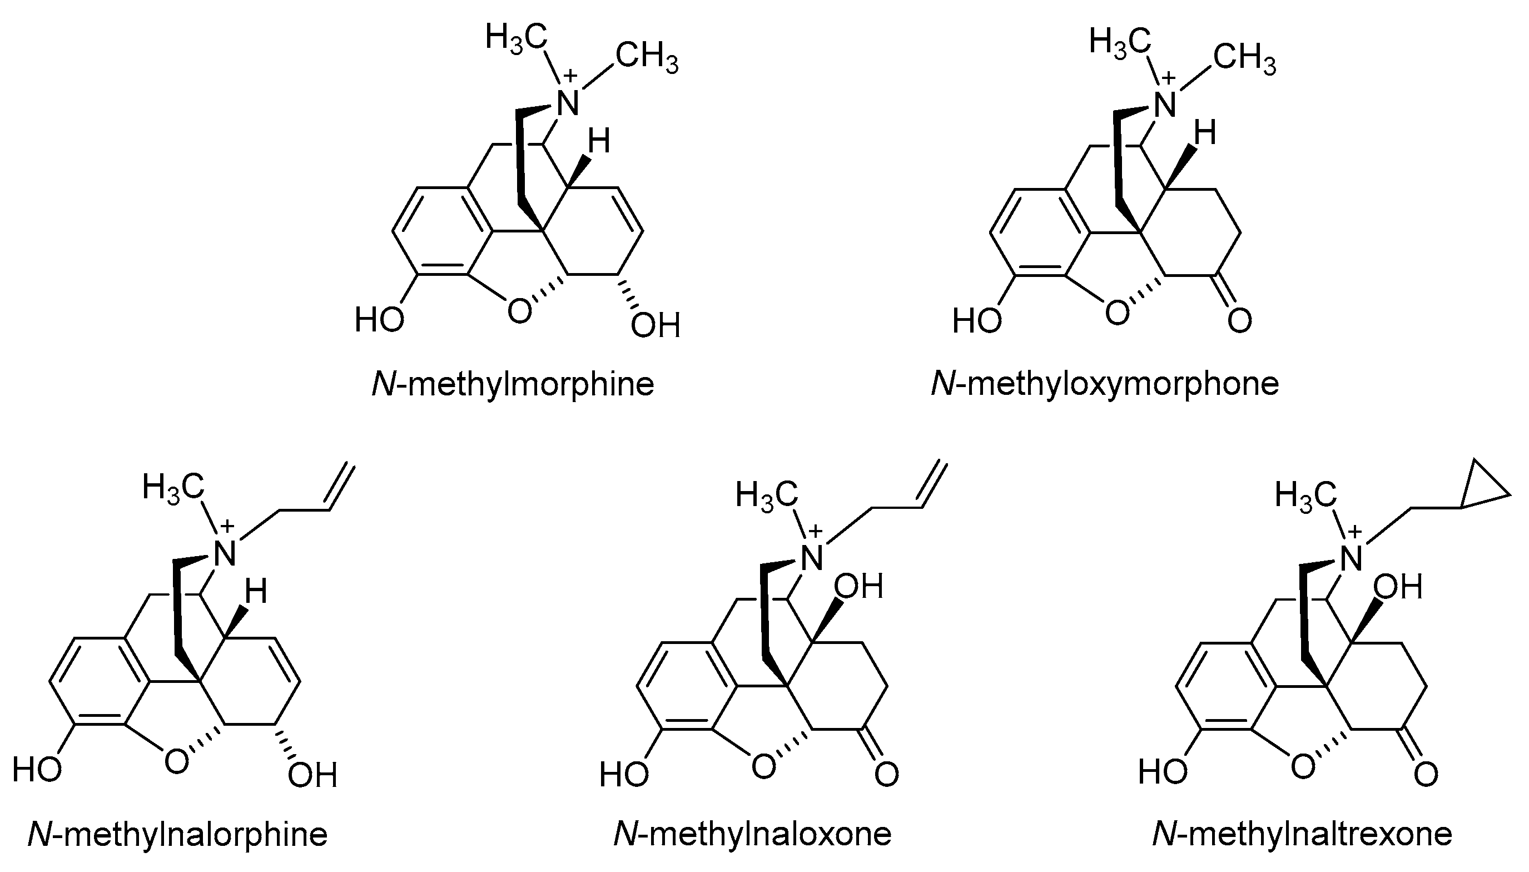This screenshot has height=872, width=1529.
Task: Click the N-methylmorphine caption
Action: point(513,384)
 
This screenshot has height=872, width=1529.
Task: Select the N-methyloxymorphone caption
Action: point(1105,384)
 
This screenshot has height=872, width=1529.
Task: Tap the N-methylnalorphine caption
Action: point(178,834)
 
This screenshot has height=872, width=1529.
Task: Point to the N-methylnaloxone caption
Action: point(752,834)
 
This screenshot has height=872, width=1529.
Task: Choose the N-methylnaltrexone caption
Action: point(1302,834)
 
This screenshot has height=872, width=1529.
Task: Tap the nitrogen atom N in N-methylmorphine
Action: point(567,103)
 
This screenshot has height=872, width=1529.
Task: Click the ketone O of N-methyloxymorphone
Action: point(1239,320)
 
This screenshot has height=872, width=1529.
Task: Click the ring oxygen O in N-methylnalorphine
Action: point(176,762)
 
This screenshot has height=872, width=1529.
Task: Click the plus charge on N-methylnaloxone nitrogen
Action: point(816,531)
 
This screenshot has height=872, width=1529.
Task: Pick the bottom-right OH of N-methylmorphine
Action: point(656,326)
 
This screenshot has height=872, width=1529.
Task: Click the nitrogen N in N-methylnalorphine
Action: point(225,554)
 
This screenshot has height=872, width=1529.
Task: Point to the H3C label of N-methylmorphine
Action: point(516,37)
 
